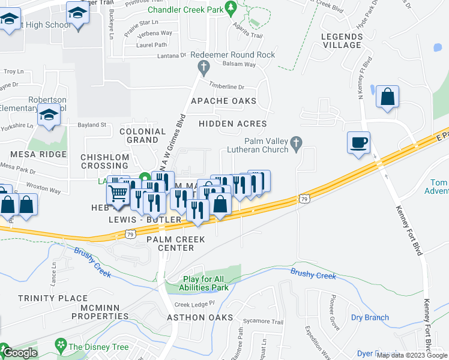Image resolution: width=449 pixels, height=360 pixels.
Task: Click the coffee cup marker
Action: click(x=358, y=143)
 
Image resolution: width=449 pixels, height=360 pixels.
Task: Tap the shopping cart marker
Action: click(x=118, y=194)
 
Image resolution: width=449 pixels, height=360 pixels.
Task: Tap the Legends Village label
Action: click(x=342, y=41)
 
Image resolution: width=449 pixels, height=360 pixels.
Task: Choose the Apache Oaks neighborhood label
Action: click(x=223, y=101)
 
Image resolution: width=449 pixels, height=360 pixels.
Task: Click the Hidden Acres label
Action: click(x=228, y=124)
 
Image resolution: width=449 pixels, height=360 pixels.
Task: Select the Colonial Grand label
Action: click(x=143, y=136)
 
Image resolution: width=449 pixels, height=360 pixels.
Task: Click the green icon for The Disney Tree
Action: click(x=60, y=345)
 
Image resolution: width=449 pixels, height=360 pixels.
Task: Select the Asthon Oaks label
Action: click(x=199, y=317)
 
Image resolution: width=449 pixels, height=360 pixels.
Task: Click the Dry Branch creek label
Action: click(x=370, y=317)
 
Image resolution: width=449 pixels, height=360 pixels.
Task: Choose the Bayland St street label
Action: click(x=92, y=125)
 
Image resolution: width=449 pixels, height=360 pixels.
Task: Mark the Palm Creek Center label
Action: click(x=176, y=244)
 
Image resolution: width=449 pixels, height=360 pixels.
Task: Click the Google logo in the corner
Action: click(x=19, y=352)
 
